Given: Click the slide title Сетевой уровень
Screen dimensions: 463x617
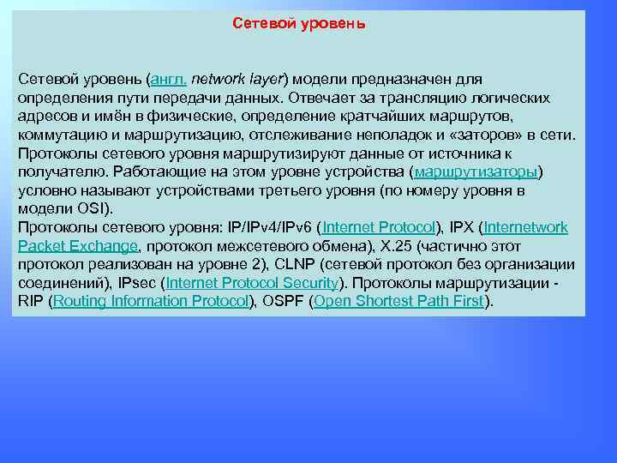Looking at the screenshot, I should [x=299, y=23].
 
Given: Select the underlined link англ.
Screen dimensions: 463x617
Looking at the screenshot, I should [x=167, y=79].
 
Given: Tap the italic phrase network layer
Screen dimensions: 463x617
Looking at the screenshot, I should [x=238, y=79].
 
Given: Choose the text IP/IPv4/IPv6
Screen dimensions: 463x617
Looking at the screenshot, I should [x=269, y=227].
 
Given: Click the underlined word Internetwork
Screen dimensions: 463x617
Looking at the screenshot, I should [x=525, y=227].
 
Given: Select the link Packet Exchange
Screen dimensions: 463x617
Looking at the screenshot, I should [x=78, y=246].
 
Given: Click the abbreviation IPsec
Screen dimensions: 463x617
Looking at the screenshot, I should [x=137, y=283].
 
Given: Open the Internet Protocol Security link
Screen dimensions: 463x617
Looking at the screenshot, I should [x=252, y=283].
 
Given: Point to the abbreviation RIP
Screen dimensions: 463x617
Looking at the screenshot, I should [x=31, y=301].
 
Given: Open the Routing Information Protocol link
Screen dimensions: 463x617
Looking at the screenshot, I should [x=150, y=301].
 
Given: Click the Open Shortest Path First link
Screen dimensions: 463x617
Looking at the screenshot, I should [x=398, y=301].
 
